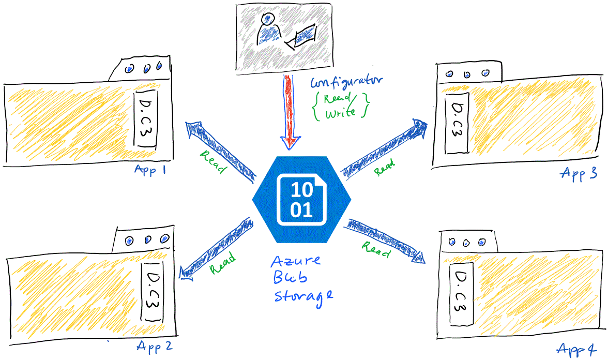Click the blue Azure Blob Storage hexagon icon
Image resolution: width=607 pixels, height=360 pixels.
(x=301, y=199)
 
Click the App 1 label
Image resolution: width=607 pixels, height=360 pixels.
(x=149, y=170)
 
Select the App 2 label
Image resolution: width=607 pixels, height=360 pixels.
(x=154, y=346)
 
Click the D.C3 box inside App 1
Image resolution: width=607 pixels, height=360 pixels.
(x=146, y=121)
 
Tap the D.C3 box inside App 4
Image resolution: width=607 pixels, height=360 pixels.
(x=460, y=293)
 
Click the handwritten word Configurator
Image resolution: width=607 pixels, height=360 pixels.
(x=346, y=81)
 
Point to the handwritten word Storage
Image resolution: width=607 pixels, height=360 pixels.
(x=303, y=295)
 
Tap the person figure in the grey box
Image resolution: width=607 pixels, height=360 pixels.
(x=268, y=31)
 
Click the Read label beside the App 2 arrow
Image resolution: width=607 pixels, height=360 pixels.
(x=223, y=262)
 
